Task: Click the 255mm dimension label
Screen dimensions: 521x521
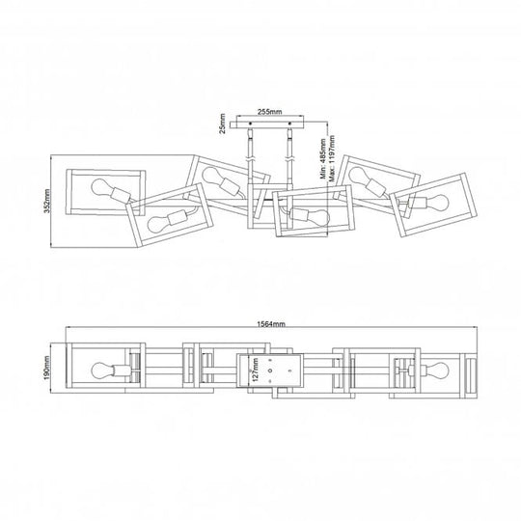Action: [270, 112]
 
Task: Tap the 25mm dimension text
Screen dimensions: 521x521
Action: [222, 123]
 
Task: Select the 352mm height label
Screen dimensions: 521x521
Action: [47, 201]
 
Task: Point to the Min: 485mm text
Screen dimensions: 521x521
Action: [323, 159]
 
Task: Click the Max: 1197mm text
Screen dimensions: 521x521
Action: [332, 158]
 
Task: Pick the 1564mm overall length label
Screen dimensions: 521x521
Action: [271, 324]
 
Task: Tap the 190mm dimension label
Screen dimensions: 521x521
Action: [47, 368]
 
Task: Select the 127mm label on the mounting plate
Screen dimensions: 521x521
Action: [255, 370]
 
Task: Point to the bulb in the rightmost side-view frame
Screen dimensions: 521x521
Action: [437, 202]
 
